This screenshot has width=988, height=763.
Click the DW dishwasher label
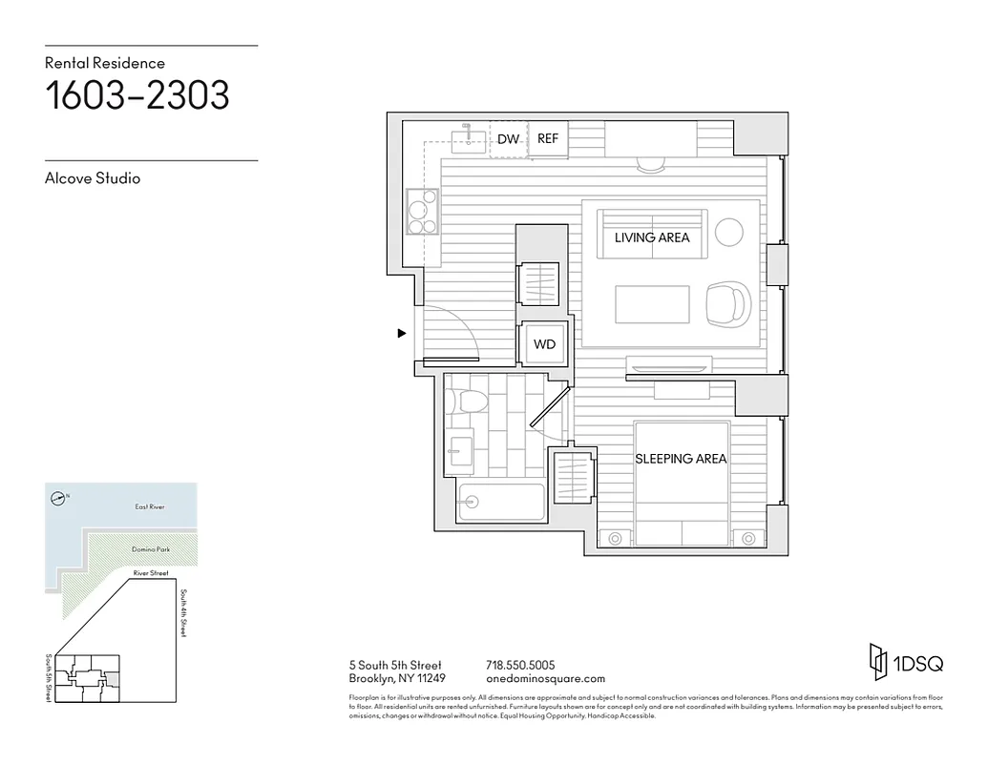pyautogui.click(x=508, y=139)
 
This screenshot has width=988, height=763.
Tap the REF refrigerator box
pyautogui.click(x=547, y=139)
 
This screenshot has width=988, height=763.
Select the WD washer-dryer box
pyautogui.click(x=543, y=344)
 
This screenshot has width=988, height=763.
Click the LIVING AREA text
pyautogui.click(x=652, y=237)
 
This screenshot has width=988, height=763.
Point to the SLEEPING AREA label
pyautogui.click(x=681, y=459)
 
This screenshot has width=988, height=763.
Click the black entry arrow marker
pyautogui.click(x=402, y=333)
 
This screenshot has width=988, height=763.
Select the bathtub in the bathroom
pyautogui.click(x=500, y=502)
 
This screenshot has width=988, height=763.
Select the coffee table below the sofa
pyautogui.click(x=653, y=304)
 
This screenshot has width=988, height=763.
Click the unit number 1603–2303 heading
pyautogui.click(x=137, y=97)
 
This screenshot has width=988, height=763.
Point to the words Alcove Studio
pyautogui.click(x=93, y=178)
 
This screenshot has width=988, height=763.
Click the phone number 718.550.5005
pyautogui.click(x=520, y=665)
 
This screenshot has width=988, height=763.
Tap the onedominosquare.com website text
pyautogui.click(x=545, y=679)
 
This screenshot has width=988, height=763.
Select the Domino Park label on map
pyautogui.click(x=150, y=550)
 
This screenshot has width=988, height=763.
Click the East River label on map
pyautogui.click(x=150, y=507)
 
